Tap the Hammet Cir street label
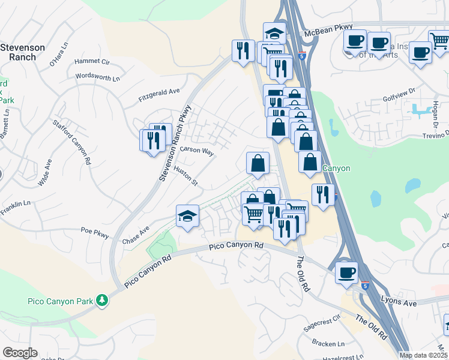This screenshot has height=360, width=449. (92, 62)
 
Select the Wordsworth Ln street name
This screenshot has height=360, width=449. (98, 77)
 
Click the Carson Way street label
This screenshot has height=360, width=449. (197, 152)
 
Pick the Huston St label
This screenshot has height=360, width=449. (185, 176)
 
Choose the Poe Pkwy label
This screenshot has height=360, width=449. (95, 233)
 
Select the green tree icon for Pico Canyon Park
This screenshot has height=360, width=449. (103, 299)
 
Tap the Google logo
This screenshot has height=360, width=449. (20, 353)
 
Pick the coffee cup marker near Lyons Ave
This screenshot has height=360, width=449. (346, 271)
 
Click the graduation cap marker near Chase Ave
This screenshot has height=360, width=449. (187, 216)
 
